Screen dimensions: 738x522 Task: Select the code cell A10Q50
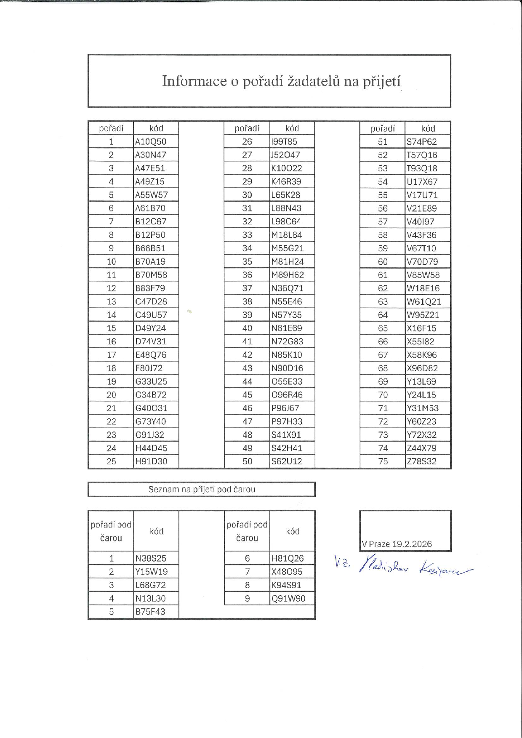click(x=151, y=141)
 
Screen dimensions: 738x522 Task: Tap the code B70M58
click(x=151, y=275)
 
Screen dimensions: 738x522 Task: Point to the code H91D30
click(x=151, y=461)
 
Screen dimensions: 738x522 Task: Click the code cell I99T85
click(x=284, y=141)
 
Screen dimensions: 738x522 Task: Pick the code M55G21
click(x=287, y=248)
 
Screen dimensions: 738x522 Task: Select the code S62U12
click(x=287, y=461)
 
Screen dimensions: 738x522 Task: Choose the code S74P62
click(x=422, y=141)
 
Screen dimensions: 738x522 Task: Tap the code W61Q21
click(x=424, y=301)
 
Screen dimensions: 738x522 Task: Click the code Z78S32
click(x=422, y=461)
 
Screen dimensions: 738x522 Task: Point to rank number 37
click(x=247, y=288)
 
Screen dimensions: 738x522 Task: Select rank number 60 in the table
click(x=383, y=262)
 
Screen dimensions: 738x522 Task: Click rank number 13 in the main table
click(x=111, y=301)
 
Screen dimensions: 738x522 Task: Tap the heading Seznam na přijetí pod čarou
click(x=202, y=490)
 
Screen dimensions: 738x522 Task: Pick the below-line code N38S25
click(x=151, y=559)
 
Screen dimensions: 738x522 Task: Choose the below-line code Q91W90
click(x=288, y=599)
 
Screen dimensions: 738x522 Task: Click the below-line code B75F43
click(x=150, y=612)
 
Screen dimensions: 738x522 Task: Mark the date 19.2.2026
click(x=412, y=544)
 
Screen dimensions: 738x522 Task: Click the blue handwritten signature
click(x=404, y=567)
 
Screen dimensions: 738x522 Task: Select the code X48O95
click(x=287, y=572)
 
